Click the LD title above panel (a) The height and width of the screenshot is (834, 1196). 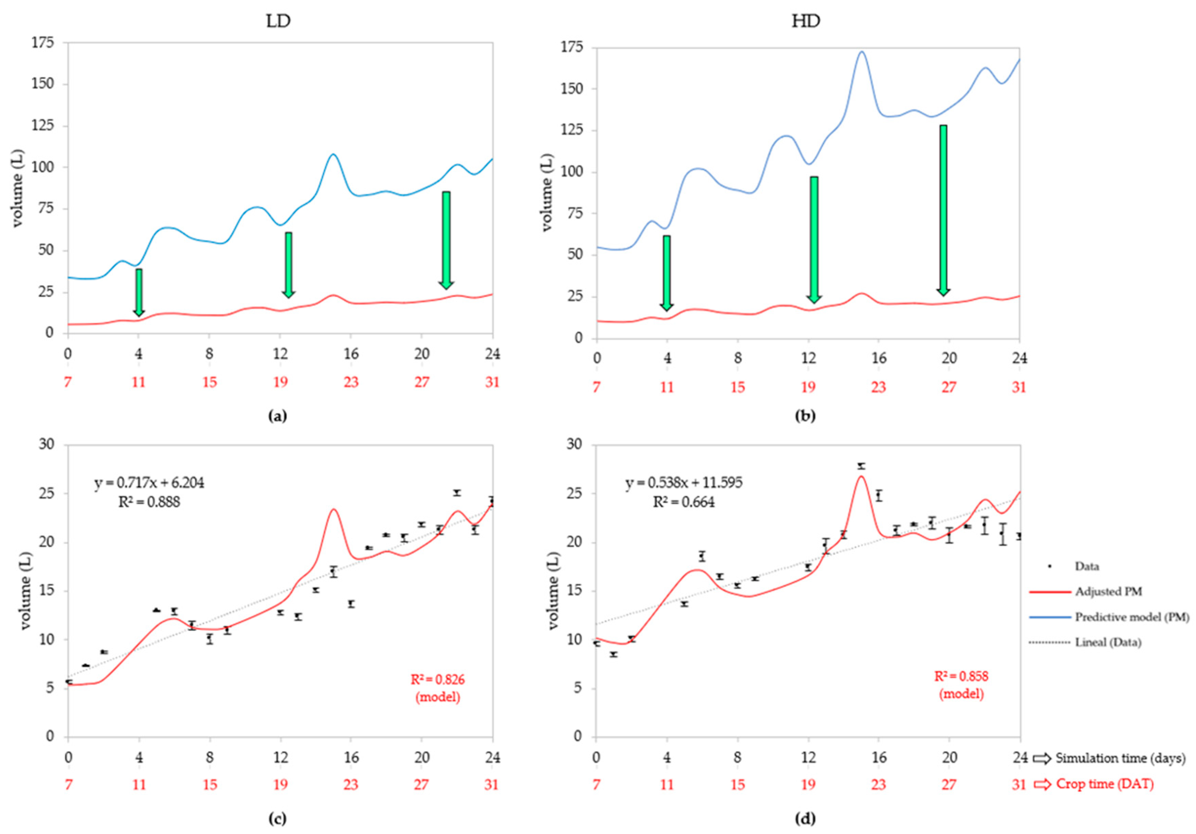[x=278, y=21]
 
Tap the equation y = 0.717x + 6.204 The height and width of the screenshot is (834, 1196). [x=149, y=483]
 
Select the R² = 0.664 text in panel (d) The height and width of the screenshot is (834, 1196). [x=684, y=502]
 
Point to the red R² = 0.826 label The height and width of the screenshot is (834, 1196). [x=437, y=679]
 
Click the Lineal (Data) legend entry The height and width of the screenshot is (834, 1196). [x=1108, y=642]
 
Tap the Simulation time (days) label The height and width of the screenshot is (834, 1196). [x=1120, y=759]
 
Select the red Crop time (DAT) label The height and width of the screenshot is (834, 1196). [x=1104, y=784]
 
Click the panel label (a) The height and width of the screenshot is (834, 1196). [x=277, y=415]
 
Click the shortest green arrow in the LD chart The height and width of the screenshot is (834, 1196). [x=139, y=292]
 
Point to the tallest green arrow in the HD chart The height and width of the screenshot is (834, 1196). [x=943, y=209]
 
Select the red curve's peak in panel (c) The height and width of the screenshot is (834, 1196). [x=333, y=510]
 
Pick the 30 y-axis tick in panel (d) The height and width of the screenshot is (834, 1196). [x=575, y=444]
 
